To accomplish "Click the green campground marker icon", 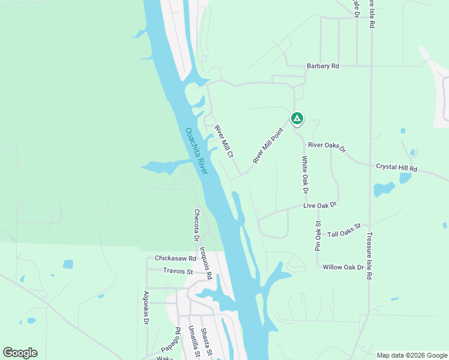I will (297, 118).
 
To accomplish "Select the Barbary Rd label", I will (323, 66).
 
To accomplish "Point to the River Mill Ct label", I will (224, 142).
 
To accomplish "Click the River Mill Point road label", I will (268, 145).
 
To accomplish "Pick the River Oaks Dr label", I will (327, 146).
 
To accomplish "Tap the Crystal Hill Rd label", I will (396, 168).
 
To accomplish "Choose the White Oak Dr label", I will (305, 175).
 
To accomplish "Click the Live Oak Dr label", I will (320, 205).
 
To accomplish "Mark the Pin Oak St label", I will (319, 235).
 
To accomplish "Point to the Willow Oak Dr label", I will (343, 267).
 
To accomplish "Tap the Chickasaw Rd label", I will (175, 258).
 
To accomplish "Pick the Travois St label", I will (178, 271).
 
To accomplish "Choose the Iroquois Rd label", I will (205, 266).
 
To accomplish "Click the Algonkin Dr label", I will (146, 308).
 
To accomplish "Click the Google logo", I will (20, 353).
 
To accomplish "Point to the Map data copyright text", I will (412, 355).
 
